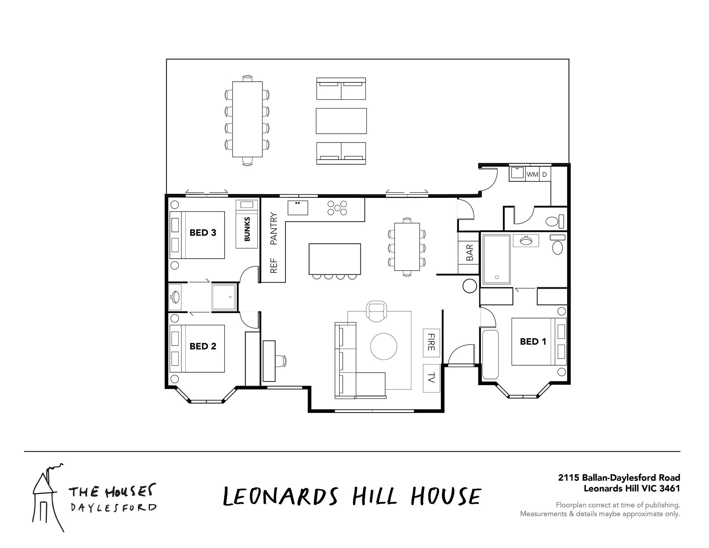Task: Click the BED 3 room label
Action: (x=203, y=233)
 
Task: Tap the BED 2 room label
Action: (x=203, y=346)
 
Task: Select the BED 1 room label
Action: (x=533, y=342)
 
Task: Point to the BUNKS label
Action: (x=247, y=229)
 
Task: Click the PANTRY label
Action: (x=274, y=229)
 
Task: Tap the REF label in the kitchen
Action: (x=274, y=266)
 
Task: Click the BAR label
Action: (x=470, y=253)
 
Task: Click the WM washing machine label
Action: (x=532, y=174)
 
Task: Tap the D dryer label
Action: (x=544, y=174)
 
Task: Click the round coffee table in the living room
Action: (x=384, y=346)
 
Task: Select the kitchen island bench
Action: (x=335, y=258)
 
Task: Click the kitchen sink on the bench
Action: (x=298, y=207)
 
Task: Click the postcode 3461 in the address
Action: (x=669, y=488)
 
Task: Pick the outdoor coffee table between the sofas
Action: (x=342, y=121)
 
